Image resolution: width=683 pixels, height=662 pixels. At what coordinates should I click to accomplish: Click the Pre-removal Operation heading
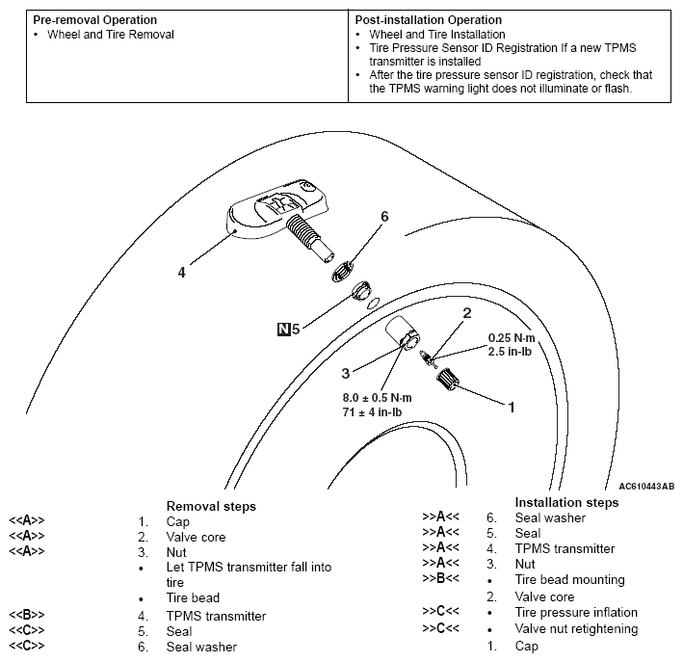click(94, 20)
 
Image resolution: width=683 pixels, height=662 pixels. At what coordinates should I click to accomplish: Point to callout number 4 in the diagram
click(181, 273)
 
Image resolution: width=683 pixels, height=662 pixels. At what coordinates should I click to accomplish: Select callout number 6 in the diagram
click(383, 217)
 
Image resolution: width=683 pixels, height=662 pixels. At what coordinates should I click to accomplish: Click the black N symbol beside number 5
click(282, 329)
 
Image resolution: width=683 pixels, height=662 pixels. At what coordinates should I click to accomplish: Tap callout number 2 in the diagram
click(466, 313)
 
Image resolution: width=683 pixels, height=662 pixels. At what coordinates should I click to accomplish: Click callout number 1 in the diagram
click(512, 407)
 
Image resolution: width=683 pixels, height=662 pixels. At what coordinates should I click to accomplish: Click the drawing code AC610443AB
click(641, 487)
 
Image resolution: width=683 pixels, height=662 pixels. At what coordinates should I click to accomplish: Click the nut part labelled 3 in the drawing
click(403, 336)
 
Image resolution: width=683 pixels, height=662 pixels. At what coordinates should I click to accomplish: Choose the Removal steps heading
click(211, 506)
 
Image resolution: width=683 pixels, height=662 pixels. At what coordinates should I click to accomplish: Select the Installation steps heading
click(566, 502)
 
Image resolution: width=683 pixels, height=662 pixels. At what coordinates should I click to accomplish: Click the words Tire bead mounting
click(570, 580)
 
